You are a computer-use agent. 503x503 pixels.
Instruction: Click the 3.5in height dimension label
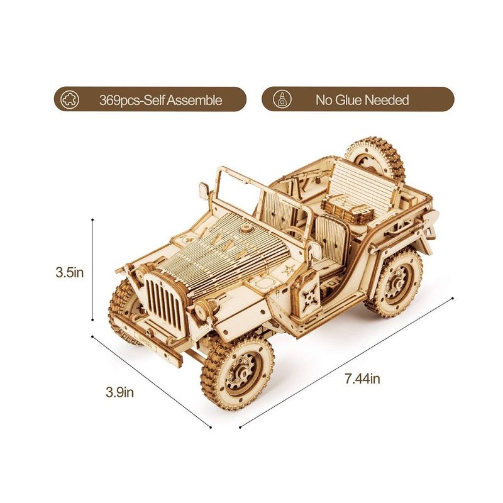pos(70,273)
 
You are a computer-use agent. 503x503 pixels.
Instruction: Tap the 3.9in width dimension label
pos(119,392)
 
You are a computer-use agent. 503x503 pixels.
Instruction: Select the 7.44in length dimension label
pos(362,379)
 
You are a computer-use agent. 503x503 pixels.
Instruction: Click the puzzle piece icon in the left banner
pos(70,100)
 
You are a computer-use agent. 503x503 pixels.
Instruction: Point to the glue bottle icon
pos(282,99)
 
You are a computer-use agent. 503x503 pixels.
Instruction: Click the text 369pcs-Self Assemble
pos(160,100)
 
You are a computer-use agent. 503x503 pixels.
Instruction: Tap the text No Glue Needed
pos(362,100)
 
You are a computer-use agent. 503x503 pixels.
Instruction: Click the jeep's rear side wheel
pos(398,282)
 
